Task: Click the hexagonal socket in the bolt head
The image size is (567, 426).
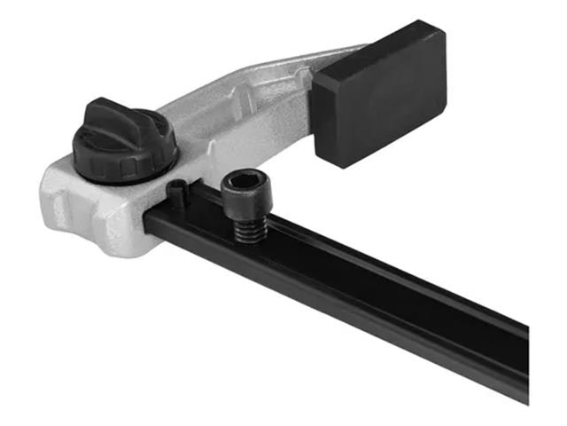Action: (242, 187)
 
